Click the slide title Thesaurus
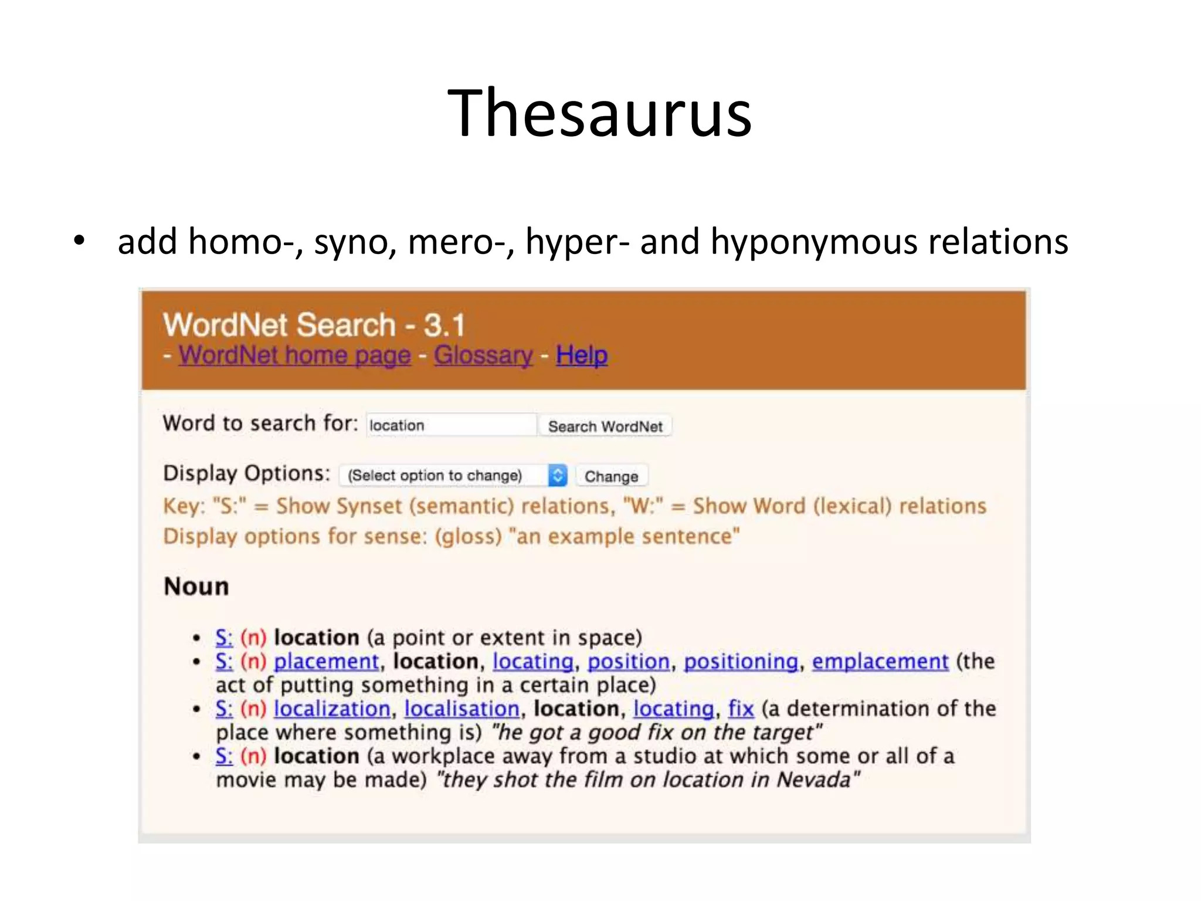[x=599, y=113]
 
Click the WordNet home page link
[x=294, y=355]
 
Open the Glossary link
[x=483, y=355]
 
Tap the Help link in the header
[x=581, y=355]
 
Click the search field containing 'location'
[x=450, y=425]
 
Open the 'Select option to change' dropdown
[x=453, y=475]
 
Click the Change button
[x=611, y=476]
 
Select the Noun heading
[x=196, y=586]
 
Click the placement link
[x=326, y=662]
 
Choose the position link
[x=628, y=662]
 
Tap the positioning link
[x=741, y=662]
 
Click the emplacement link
[x=880, y=662]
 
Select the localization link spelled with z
[x=331, y=709]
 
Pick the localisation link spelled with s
[x=462, y=709]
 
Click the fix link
[x=741, y=709]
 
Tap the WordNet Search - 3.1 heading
[x=314, y=325]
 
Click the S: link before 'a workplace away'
[x=223, y=756]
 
